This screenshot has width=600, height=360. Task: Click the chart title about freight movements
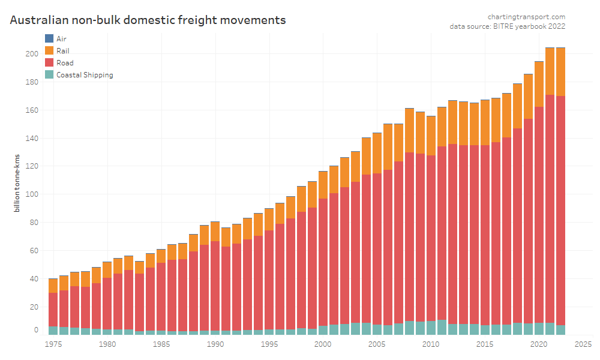pos(148,20)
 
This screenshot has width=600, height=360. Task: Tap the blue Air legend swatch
pos(49,38)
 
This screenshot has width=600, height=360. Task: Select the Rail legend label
pos(62,50)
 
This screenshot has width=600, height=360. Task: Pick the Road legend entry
pos(65,62)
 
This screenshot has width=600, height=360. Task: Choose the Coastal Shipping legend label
pos(84,75)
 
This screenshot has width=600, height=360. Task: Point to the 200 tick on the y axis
pos(31,54)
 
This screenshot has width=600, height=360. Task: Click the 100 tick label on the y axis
pos(31,194)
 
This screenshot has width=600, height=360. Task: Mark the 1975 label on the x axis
pos(53,344)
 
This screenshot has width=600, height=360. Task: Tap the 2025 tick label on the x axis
pos(582,344)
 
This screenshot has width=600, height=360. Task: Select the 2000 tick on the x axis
pos(323,344)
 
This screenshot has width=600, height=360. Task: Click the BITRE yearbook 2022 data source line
pos(508,26)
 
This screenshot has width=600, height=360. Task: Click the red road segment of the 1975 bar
pos(53,310)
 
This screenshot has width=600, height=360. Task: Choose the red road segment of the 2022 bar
pos(560,210)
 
